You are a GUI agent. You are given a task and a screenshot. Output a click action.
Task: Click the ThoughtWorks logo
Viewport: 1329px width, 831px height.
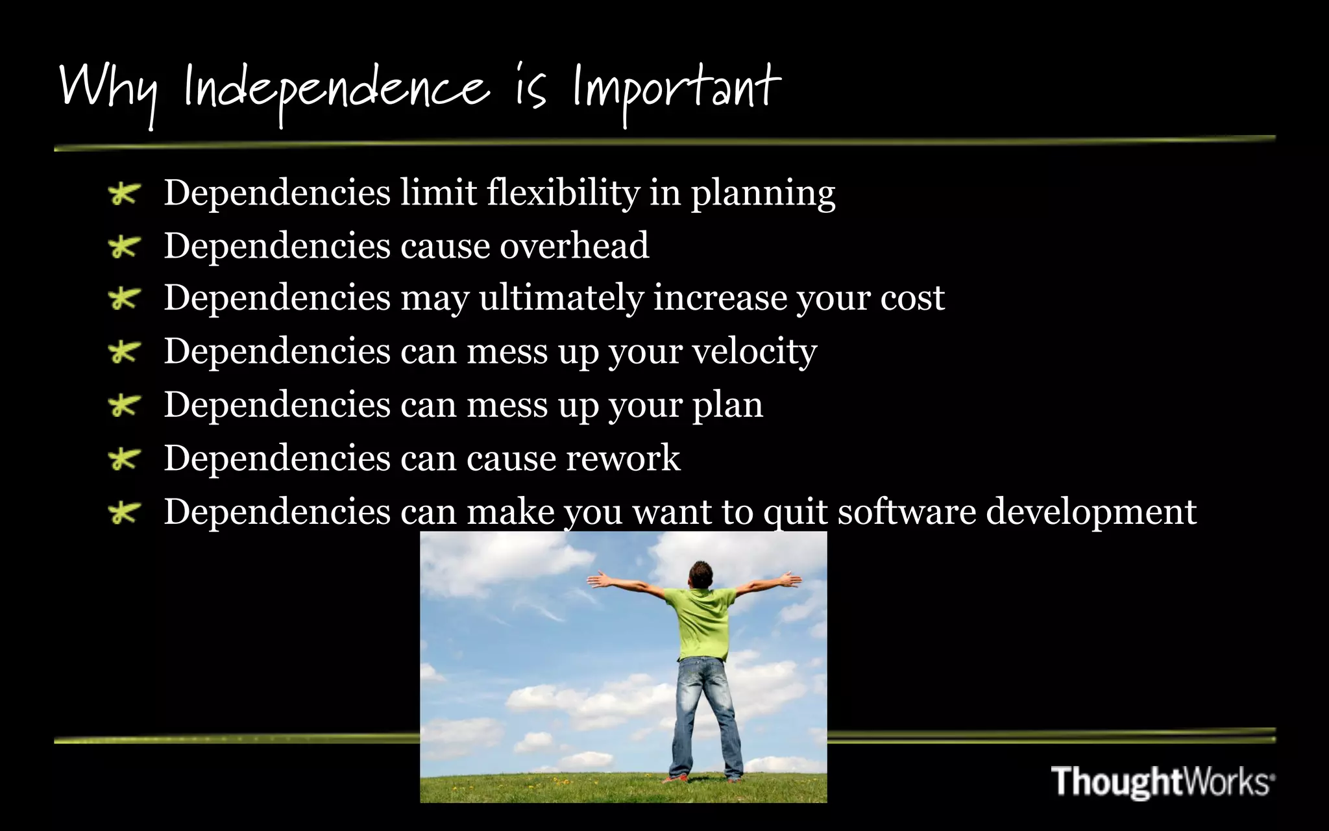(x=1162, y=781)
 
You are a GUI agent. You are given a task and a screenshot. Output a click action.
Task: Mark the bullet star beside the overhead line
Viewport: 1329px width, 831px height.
(x=123, y=247)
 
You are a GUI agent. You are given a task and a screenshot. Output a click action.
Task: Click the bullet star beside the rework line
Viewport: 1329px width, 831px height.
(x=123, y=460)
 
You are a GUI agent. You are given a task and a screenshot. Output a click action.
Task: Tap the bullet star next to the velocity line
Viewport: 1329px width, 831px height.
(x=123, y=353)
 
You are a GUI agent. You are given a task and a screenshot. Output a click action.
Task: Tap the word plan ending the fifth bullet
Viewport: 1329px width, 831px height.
(x=727, y=406)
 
